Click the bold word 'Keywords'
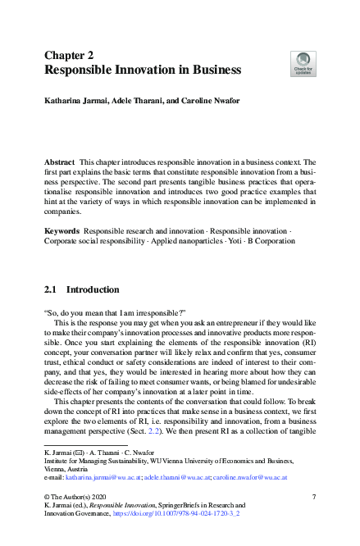tap(62, 233)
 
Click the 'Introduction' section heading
tap(93, 289)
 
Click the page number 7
tap(314, 498)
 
